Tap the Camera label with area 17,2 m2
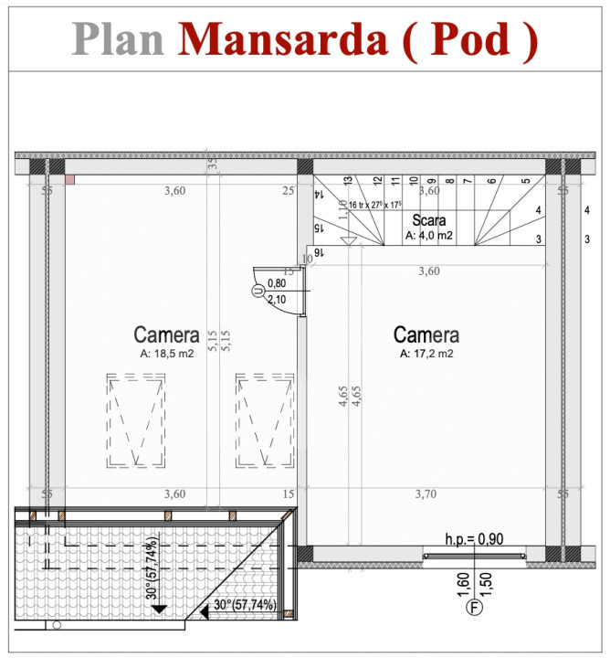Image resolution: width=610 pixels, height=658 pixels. click(426, 334)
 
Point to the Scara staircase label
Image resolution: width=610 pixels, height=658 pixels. click(428, 220)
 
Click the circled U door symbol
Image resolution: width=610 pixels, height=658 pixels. click(258, 291)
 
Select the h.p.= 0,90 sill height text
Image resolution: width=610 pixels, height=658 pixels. click(474, 539)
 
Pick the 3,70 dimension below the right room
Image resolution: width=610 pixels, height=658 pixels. click(426, 493)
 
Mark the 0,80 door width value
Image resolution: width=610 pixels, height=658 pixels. click(276, 283)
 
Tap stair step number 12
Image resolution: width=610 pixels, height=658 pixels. click(377, 183)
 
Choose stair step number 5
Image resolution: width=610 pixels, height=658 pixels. click(525, 183)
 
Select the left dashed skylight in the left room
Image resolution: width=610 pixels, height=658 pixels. click(135, 420)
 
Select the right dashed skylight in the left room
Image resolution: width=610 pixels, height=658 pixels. click(264, 420)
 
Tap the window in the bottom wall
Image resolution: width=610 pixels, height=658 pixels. click(474, 554)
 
